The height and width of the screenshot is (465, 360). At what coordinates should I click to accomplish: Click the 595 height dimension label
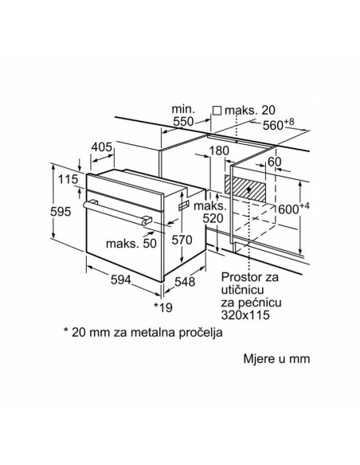[61, 212]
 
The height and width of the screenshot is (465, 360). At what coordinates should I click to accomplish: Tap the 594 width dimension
[121, 279]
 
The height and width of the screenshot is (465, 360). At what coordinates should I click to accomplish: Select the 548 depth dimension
[185, 281]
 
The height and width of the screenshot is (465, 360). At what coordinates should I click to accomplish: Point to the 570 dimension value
[182, 240]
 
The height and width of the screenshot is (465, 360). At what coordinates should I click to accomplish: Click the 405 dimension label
[102, 147]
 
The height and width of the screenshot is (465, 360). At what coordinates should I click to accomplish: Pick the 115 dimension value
[68, 179]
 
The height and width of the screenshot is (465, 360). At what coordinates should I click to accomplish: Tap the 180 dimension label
[219, 151]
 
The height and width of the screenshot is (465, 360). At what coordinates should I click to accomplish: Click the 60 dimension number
[274, 162]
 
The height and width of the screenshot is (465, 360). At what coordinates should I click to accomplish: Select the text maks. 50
[131, 244]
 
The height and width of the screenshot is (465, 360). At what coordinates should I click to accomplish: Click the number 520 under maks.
[213, 218]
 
